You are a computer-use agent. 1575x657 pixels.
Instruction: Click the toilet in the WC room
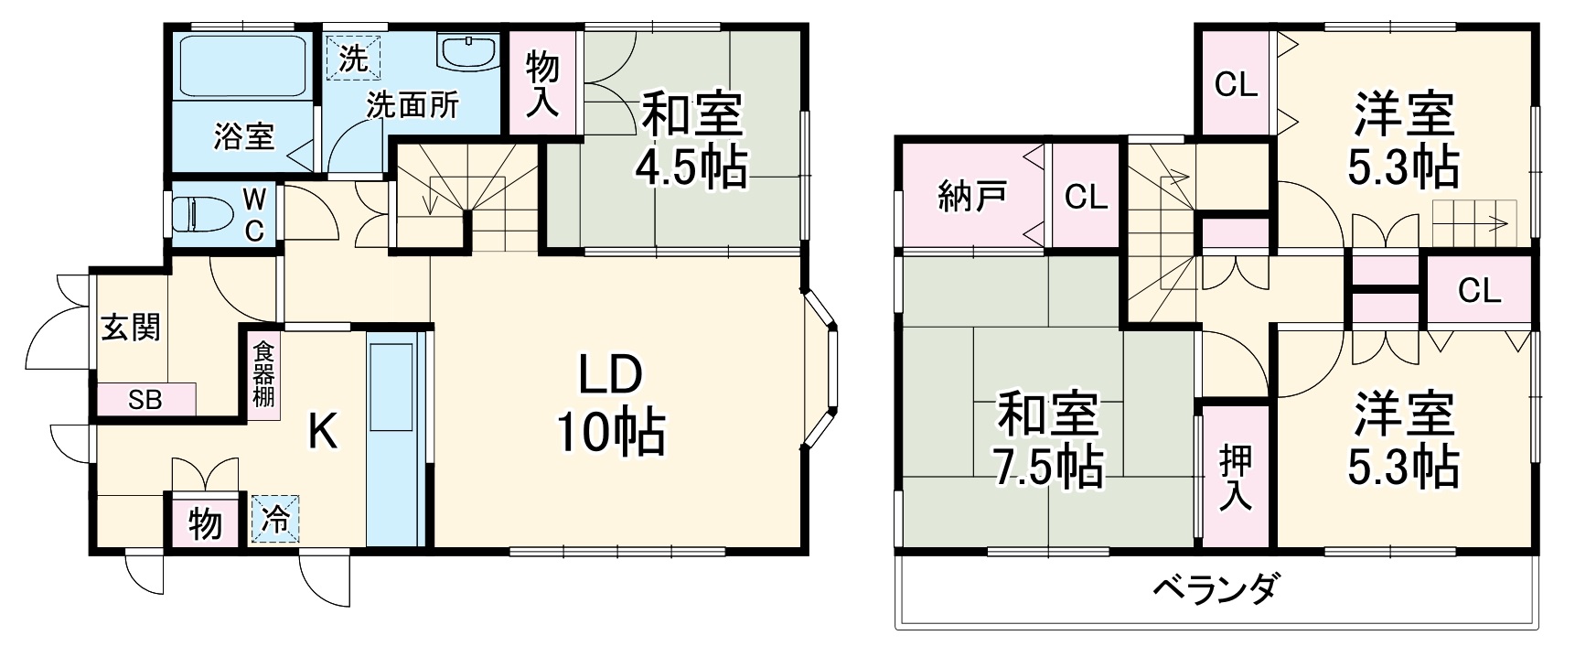pyautogui.click(x=203, y=215)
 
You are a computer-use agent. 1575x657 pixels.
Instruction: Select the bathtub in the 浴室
pyautogui.click(x=242, y=66)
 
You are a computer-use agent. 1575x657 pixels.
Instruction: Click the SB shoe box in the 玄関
pyautogui.click(x=146, y=400)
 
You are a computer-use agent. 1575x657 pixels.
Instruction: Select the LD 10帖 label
pyautogui.click(x=610, y=404)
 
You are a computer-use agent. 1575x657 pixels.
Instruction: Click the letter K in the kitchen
pyautogui.click(x=321, y=431)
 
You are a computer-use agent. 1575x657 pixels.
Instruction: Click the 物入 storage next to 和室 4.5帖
pyautogui.click(x=543, y=83)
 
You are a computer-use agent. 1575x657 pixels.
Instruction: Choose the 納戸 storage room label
pyautogui.click(x=972, y=196)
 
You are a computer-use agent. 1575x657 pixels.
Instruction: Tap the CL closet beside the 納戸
pyautogui.click(x=1086, y=196)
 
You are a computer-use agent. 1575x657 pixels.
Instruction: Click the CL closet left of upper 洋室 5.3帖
pyautogui.click(x=1236, y=84)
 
